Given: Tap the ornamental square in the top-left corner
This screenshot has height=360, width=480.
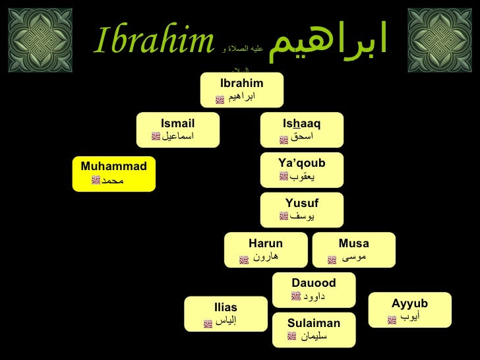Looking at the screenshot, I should (40, 40).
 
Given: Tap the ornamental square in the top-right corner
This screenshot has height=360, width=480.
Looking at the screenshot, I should (440, 40).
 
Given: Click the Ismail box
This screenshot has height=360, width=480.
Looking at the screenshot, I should (177, 130).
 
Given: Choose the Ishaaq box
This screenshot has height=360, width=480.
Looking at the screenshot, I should (302, 130).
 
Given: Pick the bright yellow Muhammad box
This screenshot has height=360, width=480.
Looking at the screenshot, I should (113, 174).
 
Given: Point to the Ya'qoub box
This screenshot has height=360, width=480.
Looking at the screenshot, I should (302, 170).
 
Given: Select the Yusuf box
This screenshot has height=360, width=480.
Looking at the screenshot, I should (302, 210).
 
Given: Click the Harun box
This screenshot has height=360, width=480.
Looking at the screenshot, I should (266, 250).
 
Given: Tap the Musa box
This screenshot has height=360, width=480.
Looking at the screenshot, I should (354, 250).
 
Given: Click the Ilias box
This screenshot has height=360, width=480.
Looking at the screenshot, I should (225, 314).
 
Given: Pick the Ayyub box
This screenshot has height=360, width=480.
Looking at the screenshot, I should (410, 310).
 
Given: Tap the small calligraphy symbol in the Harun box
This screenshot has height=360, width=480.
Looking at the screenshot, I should (244, 260).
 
